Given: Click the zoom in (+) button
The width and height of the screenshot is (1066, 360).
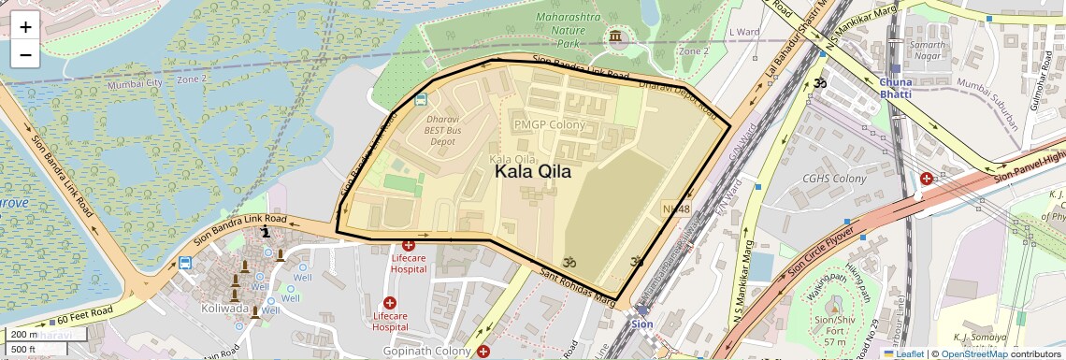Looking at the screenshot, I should click(25, 27).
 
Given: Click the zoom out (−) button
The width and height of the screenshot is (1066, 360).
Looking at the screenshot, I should click(25, 54).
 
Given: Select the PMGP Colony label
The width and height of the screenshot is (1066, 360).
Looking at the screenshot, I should click(549, 124).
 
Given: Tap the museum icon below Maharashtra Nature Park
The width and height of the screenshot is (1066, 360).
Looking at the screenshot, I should click(615, 37).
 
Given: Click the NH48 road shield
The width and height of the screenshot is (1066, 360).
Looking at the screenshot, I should click(675, 209).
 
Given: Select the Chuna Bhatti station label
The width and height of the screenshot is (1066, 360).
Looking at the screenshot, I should click(901, 88).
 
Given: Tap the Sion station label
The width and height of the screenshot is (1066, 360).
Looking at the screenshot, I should click(641, 324).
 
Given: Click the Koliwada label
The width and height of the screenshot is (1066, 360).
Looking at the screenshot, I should click(224, 308).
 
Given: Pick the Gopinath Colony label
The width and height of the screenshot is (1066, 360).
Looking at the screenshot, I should click(428, 351).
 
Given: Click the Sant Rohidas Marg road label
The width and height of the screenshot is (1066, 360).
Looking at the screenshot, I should click(578, 287).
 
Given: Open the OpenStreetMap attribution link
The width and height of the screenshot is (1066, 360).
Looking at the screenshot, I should click(973, 353).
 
